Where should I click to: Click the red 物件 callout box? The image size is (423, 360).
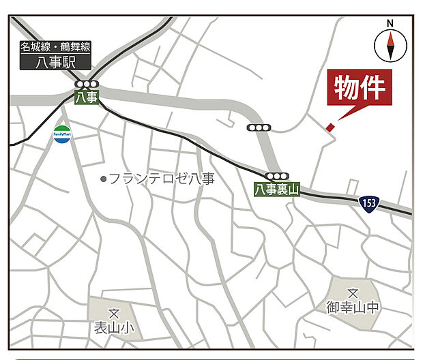pyautogui.click(x=360, y=88)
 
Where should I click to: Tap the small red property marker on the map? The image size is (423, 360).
pyautogui.click(x=330, y=127)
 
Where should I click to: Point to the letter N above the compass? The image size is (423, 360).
pyautogui.click(x=391, y=22)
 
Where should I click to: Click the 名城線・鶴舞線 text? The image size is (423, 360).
pyautogui.click(x=55, y=47)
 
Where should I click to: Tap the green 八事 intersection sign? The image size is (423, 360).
pyautogui.click(x=87, y=97)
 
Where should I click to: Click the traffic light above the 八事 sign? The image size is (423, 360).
pyautogui.click(x=87, y=85)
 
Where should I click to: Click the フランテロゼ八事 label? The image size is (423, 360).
pyautogui.click(x=162, y=179)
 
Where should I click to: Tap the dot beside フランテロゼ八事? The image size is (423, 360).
pyautogui.click(x=104, y=179)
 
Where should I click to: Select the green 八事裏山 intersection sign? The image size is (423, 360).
pyautogui.click(x=278, y=189)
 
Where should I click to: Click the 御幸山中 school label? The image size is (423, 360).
pyautogui.click(x=352, y=307)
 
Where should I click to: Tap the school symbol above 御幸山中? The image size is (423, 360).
pyautogui.click(x=352, y=292)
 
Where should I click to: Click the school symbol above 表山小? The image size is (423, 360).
pyautogui.click(x=114, y=314)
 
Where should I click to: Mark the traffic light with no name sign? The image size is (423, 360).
pyautogui.click(x=258, y=127)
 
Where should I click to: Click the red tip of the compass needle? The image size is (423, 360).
pyautogui.click(x=391, y=38)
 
